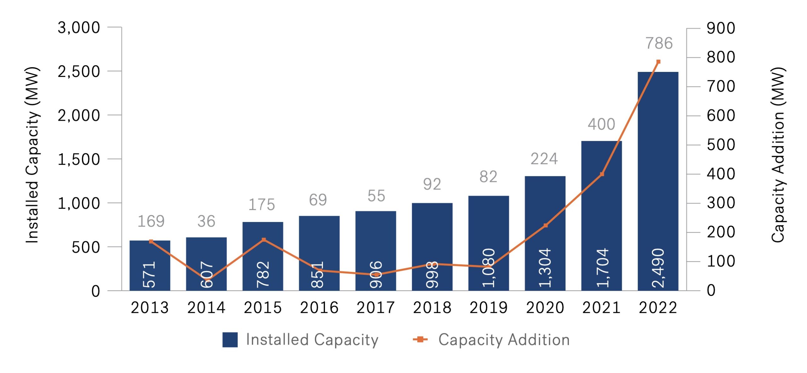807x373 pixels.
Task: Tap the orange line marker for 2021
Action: click(602, 174)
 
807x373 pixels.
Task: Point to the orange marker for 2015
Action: click(264, 240)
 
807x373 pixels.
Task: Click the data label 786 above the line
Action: click(659, 43)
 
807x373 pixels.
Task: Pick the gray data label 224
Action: click(544, 159)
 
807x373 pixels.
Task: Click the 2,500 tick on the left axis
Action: click(78, 72)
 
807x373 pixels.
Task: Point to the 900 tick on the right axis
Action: click(721, 28)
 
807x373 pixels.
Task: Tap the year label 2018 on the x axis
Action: click(432, 307)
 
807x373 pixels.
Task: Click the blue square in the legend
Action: click(230, 340)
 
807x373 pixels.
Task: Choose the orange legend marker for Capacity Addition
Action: click(420, 339)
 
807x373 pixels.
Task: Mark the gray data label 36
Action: click(206, 221)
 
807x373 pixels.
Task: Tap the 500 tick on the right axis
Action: click(721, 145)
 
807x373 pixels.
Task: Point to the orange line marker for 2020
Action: click(546, 225)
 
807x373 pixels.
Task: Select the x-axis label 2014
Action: click(206, 307)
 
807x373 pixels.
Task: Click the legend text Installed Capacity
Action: click(312, 340)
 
